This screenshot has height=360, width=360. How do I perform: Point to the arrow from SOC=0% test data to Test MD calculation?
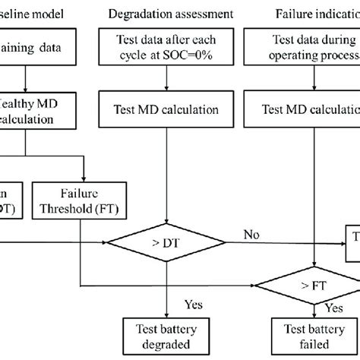click(x=165, y=84)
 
